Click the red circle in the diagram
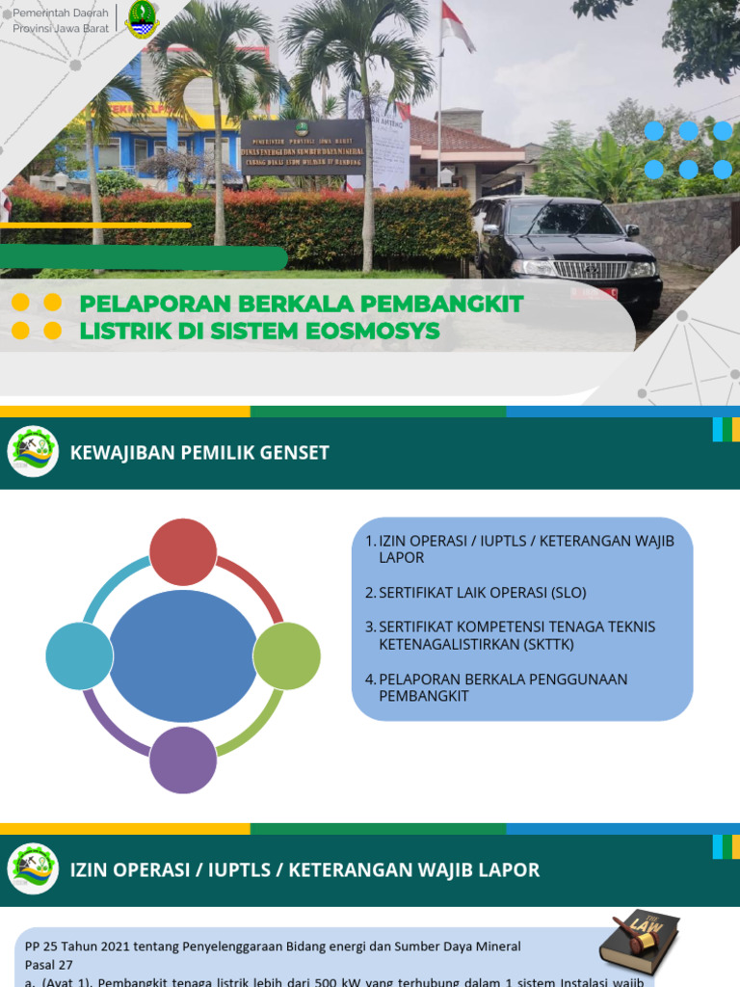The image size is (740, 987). tap(184, 551)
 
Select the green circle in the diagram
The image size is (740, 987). tap(286, 656)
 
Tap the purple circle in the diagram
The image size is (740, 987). tap(184, 760)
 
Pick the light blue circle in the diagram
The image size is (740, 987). tap(79, 656)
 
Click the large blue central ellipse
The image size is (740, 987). tap(183, 656)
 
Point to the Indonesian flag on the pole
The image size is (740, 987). tap(456, 26)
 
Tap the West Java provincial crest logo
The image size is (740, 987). tap(142, 19)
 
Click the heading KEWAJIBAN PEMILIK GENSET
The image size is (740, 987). tap(199, 453)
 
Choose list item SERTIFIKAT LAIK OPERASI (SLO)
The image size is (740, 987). tap(482, 593)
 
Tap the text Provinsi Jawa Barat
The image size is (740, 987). tap(60, 28)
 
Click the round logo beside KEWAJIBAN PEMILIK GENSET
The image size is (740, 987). tap(33, 452)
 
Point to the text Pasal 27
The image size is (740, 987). tap(48, 964)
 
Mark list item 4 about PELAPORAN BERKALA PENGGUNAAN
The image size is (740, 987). tap(502, 687)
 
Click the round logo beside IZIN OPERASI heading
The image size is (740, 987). tap(33, 869)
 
